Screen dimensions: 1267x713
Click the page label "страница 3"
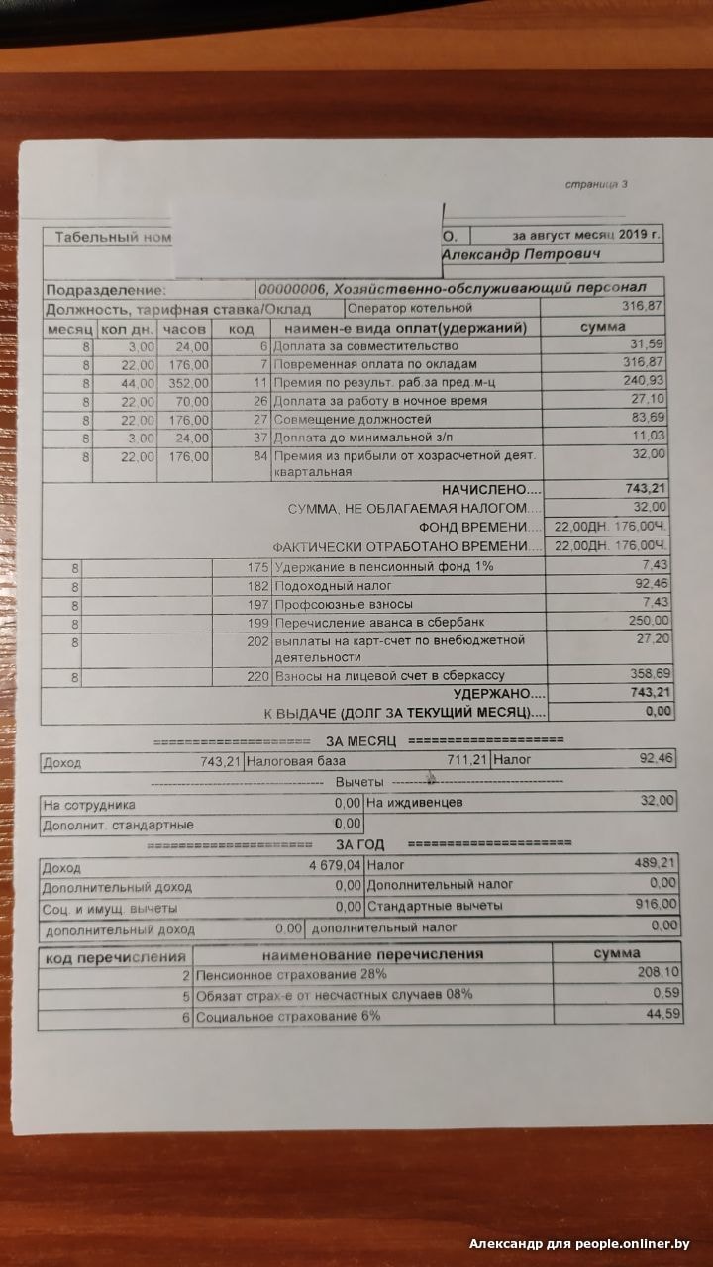[596, 184]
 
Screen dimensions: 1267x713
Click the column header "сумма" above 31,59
[602, 327]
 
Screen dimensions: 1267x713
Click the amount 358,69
[650, 675]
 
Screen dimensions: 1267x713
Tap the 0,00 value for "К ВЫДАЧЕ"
[658, 712]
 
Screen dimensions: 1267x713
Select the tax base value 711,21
[494, 761]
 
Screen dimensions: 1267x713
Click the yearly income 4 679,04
[325, 867]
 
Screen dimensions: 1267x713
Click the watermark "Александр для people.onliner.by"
[578, 1244]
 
